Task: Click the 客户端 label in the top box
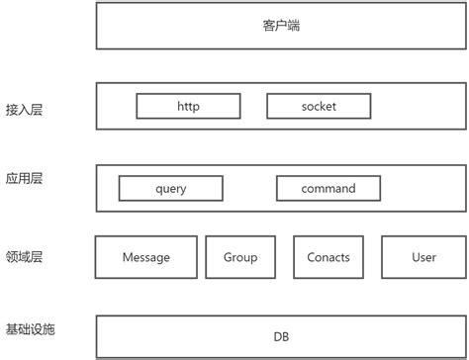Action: coord(281,26)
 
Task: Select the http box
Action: coord(188,106)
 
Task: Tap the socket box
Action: coord(319,106)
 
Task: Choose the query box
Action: coord(171,188)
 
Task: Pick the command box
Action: coord(328,188)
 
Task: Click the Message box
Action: coord(146,257)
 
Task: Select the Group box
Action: coord(240,257)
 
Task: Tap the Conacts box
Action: coord(328,257)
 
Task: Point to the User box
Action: coord(423,257)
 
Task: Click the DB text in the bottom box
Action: coord(281,336)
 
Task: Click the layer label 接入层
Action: coord(24,110)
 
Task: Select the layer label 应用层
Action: coord(24,178)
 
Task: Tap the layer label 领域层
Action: coord(24,257)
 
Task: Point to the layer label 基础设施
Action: coord(30,329)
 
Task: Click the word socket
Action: coord(319,106)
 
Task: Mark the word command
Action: coord(328,188)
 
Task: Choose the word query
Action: coord(171,189)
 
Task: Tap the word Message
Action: coord(146,257)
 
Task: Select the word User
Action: coord(423,257)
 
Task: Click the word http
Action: coord(188,107)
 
